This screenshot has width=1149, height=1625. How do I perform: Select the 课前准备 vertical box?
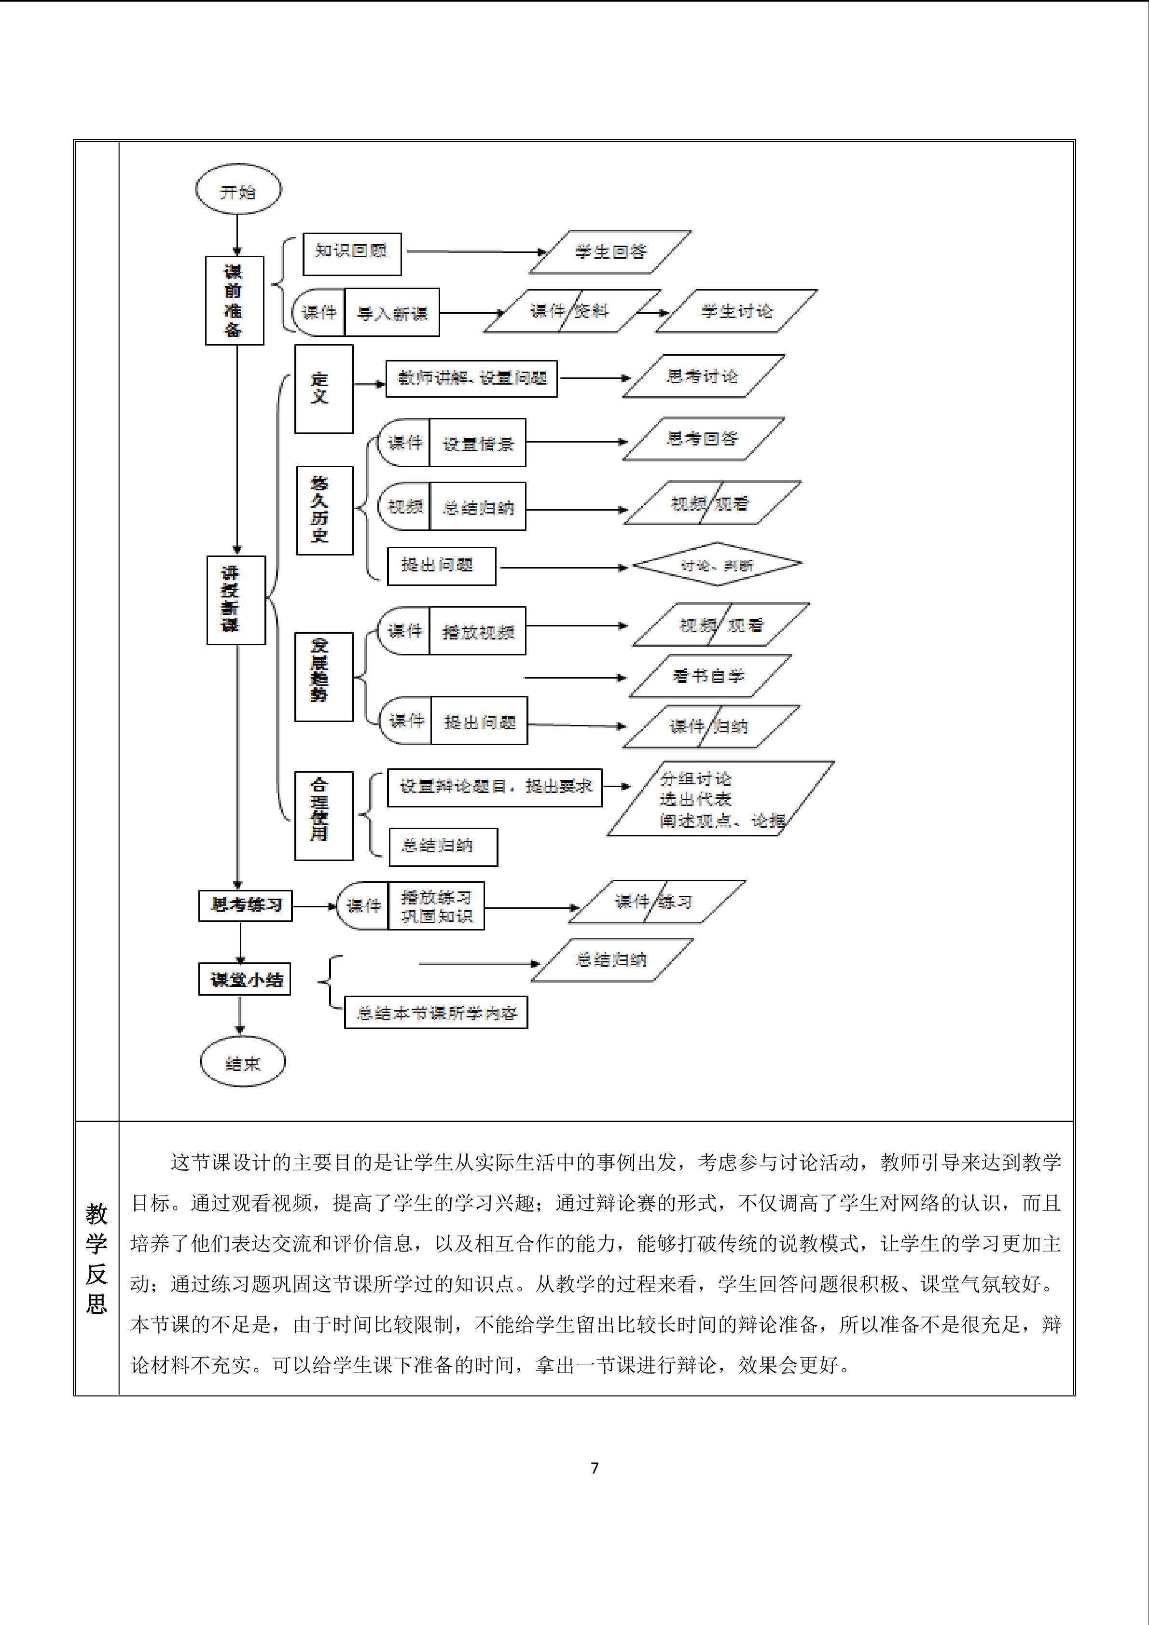pos(234,300)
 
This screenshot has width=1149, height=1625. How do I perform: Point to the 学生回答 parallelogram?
pos(610,252)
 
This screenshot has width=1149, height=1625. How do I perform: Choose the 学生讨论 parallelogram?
pos(736,311)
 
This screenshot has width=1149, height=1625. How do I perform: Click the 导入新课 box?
pos(392,312)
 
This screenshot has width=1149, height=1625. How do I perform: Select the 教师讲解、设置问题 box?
pos(471,379)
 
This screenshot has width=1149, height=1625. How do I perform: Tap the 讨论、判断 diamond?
pos(716,565)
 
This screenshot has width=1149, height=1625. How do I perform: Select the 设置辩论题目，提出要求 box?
pos(495,787)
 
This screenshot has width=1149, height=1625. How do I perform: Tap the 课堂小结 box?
pos(245,980)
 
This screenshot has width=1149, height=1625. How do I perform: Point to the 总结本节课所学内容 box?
pos(436,1013)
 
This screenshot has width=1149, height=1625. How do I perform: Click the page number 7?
pos(595,1468)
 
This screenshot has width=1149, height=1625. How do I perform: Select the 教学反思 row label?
pos(96,1258)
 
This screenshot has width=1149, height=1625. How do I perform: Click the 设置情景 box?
pos(478,443)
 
